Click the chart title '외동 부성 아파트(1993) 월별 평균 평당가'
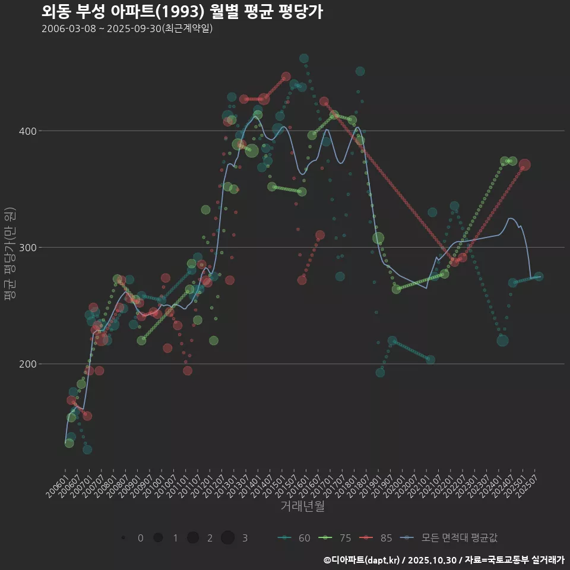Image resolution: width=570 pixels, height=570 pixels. click(182, 12)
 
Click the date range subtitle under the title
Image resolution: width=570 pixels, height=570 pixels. click(127, 28)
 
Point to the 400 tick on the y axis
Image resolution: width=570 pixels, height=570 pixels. click(27, 131)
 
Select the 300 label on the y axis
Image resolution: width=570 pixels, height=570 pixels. click(27, 248)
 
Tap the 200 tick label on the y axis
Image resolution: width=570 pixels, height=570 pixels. click(27, 364)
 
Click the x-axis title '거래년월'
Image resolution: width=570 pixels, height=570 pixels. click(302, 506)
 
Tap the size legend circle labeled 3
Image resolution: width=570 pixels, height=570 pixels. click(228, 538)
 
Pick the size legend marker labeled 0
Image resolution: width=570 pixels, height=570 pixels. click(123, 538)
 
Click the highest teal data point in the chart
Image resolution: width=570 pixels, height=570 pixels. click(304, 58)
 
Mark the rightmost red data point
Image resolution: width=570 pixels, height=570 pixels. click(524, 165)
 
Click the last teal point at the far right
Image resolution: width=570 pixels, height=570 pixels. click(539, 276)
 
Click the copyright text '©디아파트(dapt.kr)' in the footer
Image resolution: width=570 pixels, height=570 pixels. click(363, 560)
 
